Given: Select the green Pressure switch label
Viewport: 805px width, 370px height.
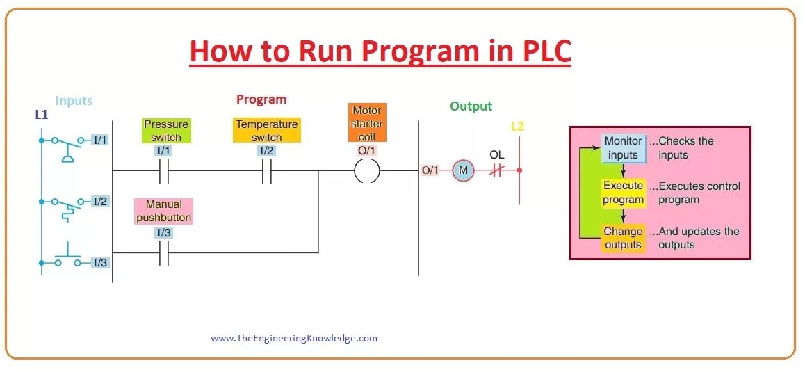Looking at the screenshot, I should pos(166,131).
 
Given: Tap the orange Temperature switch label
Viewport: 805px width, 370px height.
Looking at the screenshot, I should pos(266,131).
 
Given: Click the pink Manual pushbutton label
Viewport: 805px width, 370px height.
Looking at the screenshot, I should pos(163,211).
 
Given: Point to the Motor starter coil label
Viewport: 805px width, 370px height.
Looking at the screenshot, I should pos(366,123).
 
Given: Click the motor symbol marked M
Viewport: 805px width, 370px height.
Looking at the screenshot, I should pos(462,170).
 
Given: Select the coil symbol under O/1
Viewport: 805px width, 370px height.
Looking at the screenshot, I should pos(366,170).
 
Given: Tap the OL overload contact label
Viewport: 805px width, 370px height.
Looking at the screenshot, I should pos(496,154).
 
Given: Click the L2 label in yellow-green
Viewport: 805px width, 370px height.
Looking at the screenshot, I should pos(517,127).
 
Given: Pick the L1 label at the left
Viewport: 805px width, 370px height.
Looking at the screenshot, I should pos(41,114).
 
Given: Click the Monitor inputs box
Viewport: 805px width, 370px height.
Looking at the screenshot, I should pos(623,147).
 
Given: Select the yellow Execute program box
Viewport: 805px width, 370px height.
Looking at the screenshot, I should pos(624,193).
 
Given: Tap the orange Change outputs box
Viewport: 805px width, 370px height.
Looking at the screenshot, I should pos(623,238).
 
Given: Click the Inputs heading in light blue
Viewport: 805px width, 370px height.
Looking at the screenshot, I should pos(74,101).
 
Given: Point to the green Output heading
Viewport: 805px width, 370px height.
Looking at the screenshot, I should pos(471,106).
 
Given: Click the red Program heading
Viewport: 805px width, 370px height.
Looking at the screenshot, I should pos(261,99).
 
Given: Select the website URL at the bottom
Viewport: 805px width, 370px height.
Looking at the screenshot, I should pos(294,339).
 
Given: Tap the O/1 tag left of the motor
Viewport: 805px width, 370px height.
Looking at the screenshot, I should pos(430,170).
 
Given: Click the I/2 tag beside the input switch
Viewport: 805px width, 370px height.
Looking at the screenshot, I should pos(100,201).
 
